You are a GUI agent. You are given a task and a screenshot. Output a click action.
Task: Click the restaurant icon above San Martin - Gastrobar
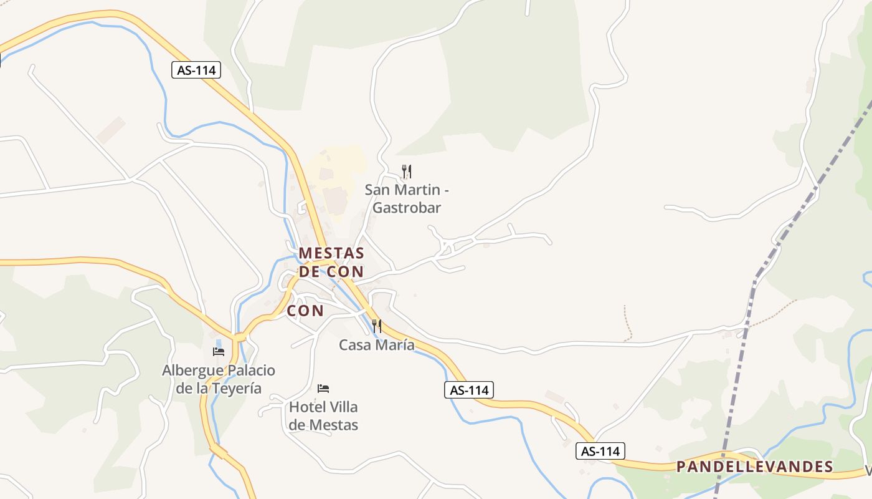pos(407,171)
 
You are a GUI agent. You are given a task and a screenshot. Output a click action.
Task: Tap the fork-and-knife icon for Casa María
pos(376,326)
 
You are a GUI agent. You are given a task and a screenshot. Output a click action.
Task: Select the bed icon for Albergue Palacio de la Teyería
pos(218,351)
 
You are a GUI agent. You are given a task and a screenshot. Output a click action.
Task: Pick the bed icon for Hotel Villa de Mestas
pos(323,388)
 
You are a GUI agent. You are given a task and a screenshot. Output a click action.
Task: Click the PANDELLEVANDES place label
pos(754,467)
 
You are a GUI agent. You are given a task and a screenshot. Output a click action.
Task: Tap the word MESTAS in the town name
pos(331,253)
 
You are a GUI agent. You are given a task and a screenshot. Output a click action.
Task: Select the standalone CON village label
pos(305,311)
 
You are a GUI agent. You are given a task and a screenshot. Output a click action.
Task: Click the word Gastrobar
pos(407,208)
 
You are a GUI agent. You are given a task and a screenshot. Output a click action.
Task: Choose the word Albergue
pos(189,371)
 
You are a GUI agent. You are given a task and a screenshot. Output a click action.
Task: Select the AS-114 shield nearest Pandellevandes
pos(600,451)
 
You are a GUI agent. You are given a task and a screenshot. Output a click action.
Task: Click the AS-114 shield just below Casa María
pos(469,390)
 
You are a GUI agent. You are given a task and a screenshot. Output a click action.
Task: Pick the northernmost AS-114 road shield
pos(196,70)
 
